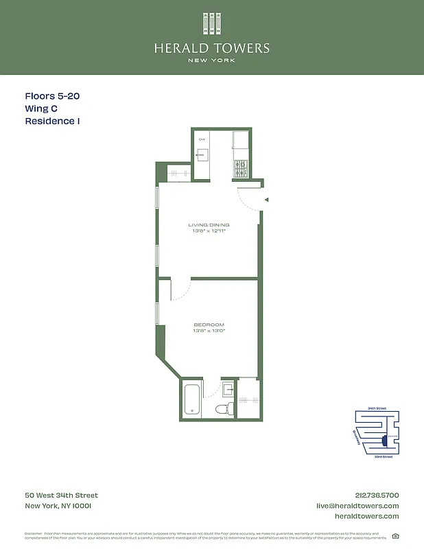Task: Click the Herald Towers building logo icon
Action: (212, 23)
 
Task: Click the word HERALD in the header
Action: (182, 49)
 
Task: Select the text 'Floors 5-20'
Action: (52, 97)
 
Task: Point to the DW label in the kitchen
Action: (202, 139)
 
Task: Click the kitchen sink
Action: (202, 155)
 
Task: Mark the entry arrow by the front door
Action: (267, 200)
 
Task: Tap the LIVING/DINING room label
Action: (209, 225)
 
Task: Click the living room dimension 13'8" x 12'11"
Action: (209, 231)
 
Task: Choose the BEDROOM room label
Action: (209, 325)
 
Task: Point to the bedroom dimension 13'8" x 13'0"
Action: (209, 331)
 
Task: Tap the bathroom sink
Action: (228, 389)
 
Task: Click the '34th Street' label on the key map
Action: (377, 408)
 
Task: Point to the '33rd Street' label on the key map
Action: (383, 456)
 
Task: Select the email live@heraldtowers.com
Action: (357, 506)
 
